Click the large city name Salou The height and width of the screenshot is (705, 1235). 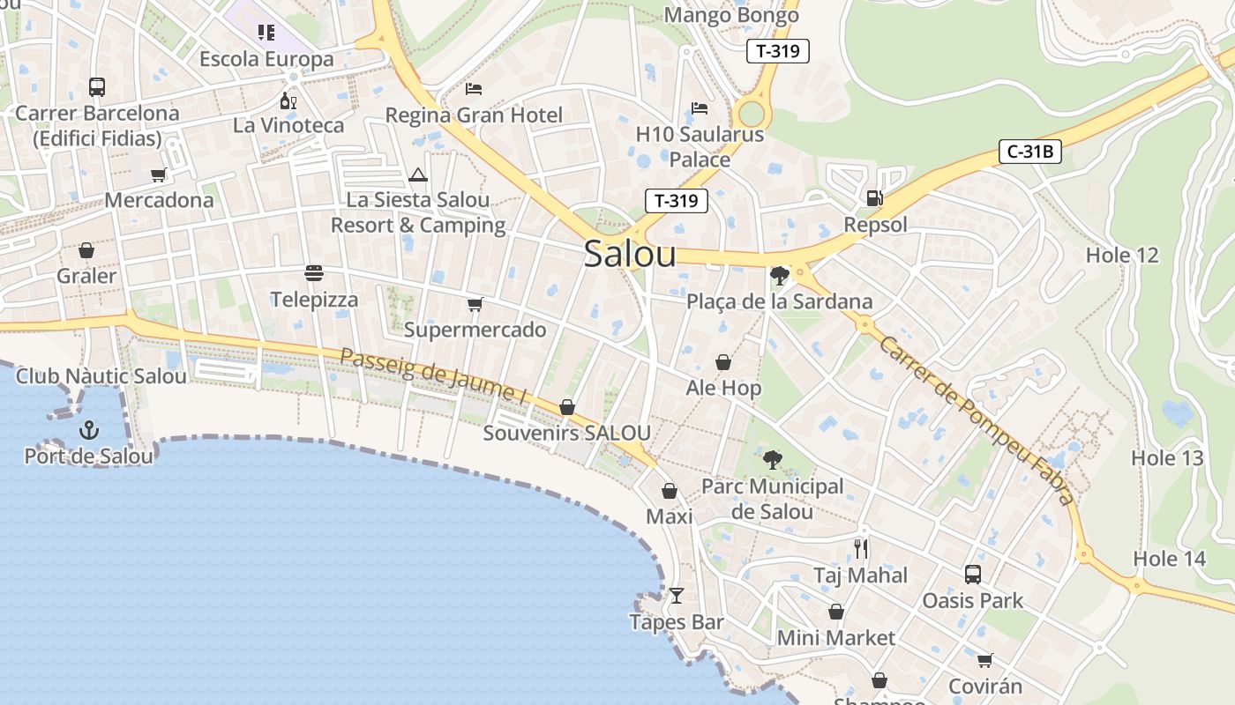click(630, 254)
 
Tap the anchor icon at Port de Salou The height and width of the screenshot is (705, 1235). click(88, 430)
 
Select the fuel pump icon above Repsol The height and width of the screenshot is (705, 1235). click(874, 198)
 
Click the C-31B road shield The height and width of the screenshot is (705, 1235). click(1030, 152)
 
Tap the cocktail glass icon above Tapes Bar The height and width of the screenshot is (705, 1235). click(676, 596)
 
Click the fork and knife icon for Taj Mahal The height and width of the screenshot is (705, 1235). click(861, 549)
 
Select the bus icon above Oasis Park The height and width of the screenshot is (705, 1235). click(972, 575)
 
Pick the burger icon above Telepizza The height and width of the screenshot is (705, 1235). click(314, 273)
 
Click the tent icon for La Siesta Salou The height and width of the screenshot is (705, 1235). click(417, 174)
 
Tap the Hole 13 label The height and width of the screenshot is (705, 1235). click(1167, 458)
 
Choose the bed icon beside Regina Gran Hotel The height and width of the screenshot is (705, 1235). click(474, 89)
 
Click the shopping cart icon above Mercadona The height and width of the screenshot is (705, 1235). click(159, 174)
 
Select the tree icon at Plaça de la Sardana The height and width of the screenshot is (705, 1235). click(779, 276)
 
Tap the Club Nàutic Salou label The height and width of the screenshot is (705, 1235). click(101, 376)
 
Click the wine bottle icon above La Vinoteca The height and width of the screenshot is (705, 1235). click(288, 100)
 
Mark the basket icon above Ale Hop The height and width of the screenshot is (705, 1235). click(722, 362)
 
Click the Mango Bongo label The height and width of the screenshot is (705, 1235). click(731, 15)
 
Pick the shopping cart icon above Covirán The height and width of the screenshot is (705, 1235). click(984, 660)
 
